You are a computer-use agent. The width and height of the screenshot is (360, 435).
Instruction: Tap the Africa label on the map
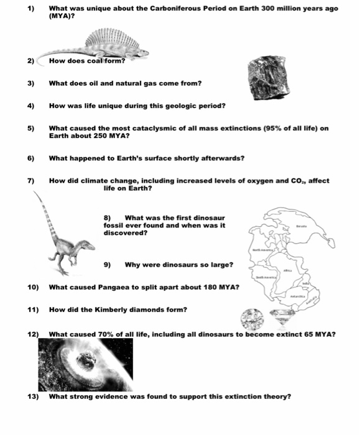click(x=287, y=270)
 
